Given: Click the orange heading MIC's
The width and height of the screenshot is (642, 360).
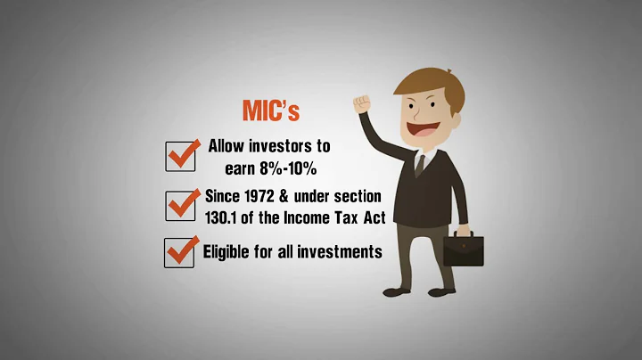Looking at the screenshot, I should coord(272,110).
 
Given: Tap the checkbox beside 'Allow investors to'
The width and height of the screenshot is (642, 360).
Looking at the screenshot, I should coord(181,156).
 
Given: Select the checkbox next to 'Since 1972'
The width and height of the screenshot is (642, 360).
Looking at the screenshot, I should coord(181,206).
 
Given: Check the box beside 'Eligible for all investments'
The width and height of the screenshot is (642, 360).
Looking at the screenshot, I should coord(181,252).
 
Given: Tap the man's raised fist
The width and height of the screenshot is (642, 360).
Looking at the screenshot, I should coord(362,102).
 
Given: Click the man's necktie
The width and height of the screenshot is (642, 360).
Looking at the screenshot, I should coord(419,164).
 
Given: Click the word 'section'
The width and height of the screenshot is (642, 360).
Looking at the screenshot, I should coord(357,195).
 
